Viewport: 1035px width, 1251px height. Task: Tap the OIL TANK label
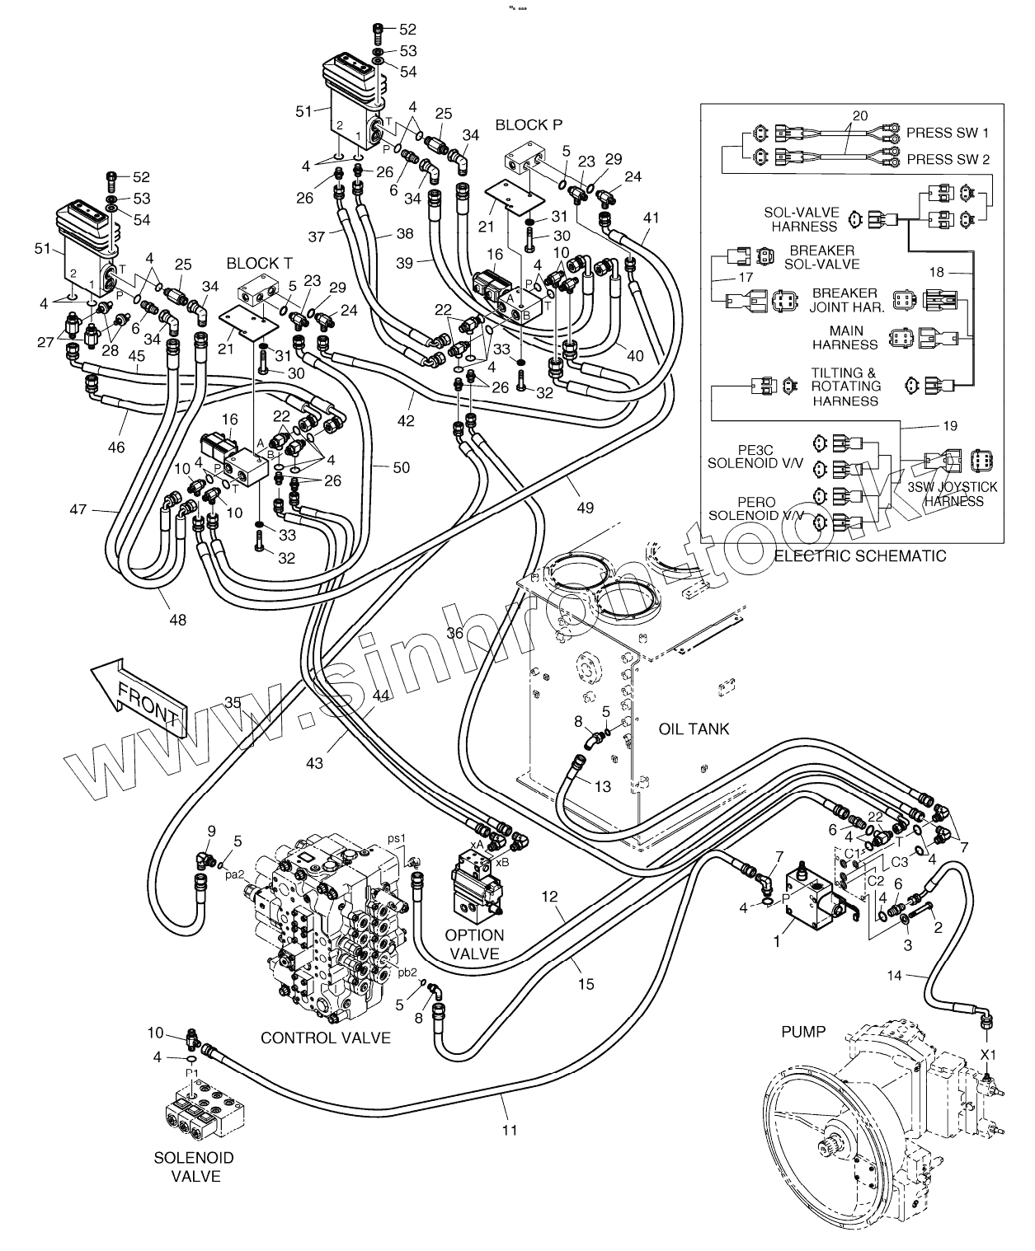tap(694, 729)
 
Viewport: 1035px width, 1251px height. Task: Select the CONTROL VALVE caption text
tap(325, 1038)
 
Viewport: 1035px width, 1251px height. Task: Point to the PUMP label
tap(802, 1031)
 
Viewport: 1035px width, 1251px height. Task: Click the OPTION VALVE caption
tap(474, 944)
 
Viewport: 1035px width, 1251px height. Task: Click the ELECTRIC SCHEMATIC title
tap(860, 555)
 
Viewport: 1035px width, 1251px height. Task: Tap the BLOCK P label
tap(529, 124)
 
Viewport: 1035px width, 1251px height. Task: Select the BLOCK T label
tap(259, 263)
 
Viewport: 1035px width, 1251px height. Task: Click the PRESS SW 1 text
tap(948, 132)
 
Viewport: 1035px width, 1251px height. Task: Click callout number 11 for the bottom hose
tap(509, 1130)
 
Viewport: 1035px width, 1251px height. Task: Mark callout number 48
tap(177, 619)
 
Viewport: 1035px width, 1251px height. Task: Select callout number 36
tap(455, 633)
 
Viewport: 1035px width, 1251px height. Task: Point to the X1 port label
tap(987, 1054)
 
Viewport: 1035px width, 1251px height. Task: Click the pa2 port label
tap(235, 874)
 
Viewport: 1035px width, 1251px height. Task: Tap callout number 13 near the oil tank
tap(603, 786)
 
